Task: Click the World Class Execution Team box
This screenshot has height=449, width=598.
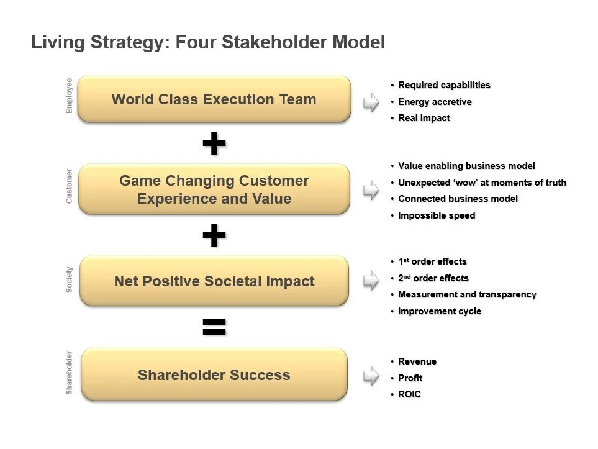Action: pyautogui.click(x=214, y=99)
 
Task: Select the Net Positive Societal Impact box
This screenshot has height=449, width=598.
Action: pyautogui.click(x=214, y=281)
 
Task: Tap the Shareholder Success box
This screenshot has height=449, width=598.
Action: pyautogui.click(x=214, y=374)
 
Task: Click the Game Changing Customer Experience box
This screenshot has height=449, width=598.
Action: pyautogui.click(x=214, y=189)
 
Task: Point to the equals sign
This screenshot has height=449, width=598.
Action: pyautogui.click(x=214, y=327)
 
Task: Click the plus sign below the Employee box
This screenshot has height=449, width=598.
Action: pyautogui.click(x=214, y=143)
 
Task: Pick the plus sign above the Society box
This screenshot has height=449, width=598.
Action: pyautogui.click(x=214, y=235)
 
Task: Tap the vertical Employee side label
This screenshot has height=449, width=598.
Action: pyautogui.click(x=69, y=96)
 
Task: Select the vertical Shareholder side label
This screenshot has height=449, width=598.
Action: pyautogui.click(x=69, y=373)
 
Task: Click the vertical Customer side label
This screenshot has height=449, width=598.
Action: pyautogui.click(x=69, y=186)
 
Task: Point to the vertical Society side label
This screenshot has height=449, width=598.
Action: pyautogui.click(x=69, y=279)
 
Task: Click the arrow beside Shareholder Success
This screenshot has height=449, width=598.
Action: pyautogui.click(x=371, y=376)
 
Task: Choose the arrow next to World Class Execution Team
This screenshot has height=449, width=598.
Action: pyautogui.click(x=371, y=102)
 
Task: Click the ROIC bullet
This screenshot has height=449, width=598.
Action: pyautogui.click(x=409, y=394)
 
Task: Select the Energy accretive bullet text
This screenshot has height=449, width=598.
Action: pyautogui.click(x=435, y=102)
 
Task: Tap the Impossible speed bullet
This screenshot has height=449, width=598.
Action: pyautogui.click(x=437, y=215)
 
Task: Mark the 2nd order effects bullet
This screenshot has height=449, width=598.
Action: pyautogui.click(x=433, y=278)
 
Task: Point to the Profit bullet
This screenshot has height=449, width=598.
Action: pyautogui.click(x=410, y=378)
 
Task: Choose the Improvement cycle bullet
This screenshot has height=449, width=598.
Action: pyautogui.click(x=440, y=311)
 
